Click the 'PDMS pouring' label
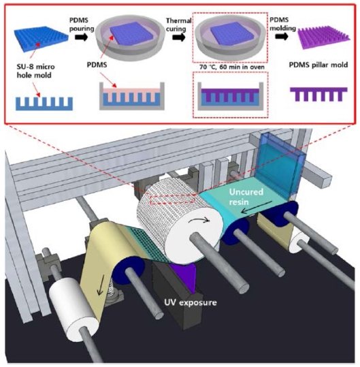[x=82, y=24]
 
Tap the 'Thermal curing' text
[x=179, y=25]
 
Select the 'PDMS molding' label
[x=283, y=24]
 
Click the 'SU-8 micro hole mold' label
[x=35, y=71]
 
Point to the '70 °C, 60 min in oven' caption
[x=232, y=67]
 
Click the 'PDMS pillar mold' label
[x=318, y=65]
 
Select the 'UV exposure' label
[x=191, y=302]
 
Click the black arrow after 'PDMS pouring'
[x=82, y=37]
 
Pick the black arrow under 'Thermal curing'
[x=179, y=37]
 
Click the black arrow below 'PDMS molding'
[x=282, y=37]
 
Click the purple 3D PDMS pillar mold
[x=324, y=37]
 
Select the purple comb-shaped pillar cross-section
[x=318, y=94]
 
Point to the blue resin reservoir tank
[x=280, y=165]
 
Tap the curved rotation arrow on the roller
[x=202, y=219]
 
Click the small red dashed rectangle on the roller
[x=172, y=199]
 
